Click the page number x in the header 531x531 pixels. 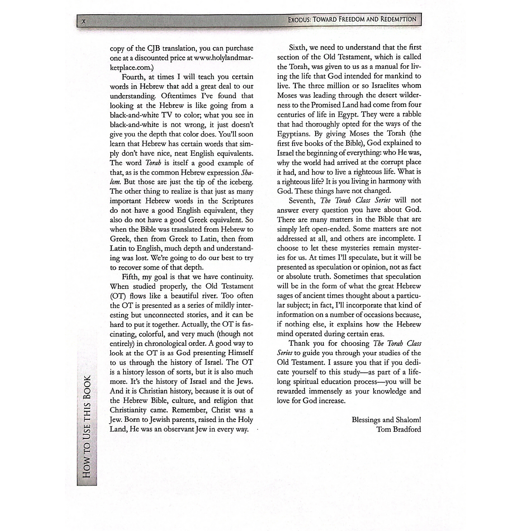[x=84, y=21]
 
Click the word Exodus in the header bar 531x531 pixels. [x=299, y=19]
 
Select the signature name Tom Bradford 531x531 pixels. [x=399, y=429]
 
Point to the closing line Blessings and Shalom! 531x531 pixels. [x=386, y=420]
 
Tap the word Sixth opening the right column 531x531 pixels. [x=298, y=47]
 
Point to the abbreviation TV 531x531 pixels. [x=162, y=115]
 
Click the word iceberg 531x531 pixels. [x=239, y=182]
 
